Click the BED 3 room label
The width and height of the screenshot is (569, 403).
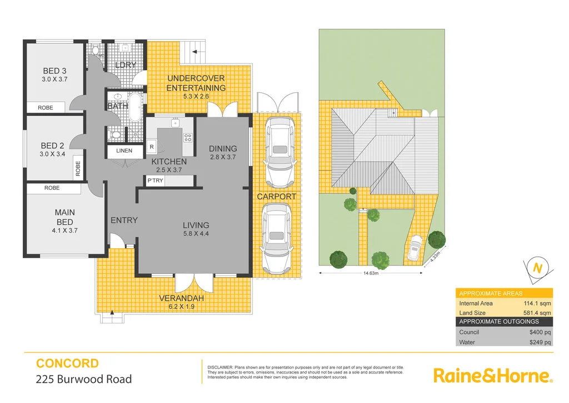click(55, 71)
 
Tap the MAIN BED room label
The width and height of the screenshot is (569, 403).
click(64, 217)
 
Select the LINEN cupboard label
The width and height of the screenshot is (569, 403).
click(124, 151)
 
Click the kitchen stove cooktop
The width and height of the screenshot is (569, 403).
click(188, 137)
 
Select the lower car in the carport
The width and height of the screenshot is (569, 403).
click(276, 236)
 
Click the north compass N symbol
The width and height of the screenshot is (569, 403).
click(537, 268)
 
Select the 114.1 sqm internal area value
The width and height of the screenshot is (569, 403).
click(537, 303)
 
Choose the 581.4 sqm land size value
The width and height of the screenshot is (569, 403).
click(537, 313)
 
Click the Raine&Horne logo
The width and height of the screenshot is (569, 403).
click(492, 375)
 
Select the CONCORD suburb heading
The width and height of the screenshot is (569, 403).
click(67, 364)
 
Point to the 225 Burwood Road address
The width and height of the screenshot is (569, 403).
click(84, 380)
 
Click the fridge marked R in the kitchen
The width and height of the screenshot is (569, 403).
click(152, 146)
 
